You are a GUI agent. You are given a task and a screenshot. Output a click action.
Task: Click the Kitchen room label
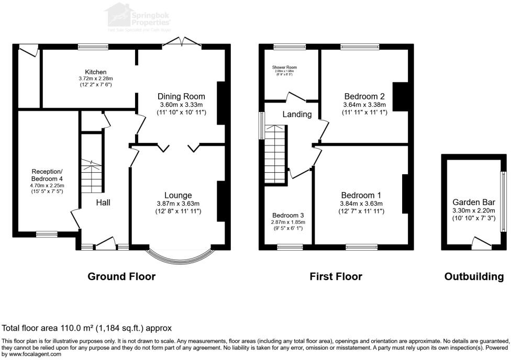point(96,72)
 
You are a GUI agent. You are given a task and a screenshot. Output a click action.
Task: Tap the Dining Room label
point(181,96)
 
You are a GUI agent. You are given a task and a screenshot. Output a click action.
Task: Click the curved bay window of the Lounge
point(181,256)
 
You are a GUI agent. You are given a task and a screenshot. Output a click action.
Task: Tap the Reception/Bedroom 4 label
point(47,175)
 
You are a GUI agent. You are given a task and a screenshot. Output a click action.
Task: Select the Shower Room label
point(284,67)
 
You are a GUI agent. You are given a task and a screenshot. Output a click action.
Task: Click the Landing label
point(297,114)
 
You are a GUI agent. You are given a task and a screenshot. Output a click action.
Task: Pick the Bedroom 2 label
point(364,96)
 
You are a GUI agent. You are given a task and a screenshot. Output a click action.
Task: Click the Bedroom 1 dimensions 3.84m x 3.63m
point(361,204)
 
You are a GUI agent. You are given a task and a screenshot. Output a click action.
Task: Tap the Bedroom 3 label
point(287,215)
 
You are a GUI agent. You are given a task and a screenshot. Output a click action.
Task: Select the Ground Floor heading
point(121,276)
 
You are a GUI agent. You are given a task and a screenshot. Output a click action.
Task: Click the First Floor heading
point(336,276)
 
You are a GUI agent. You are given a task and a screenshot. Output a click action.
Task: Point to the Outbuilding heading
point(474,276)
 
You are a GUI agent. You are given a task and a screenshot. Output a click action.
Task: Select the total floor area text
point(87,328)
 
